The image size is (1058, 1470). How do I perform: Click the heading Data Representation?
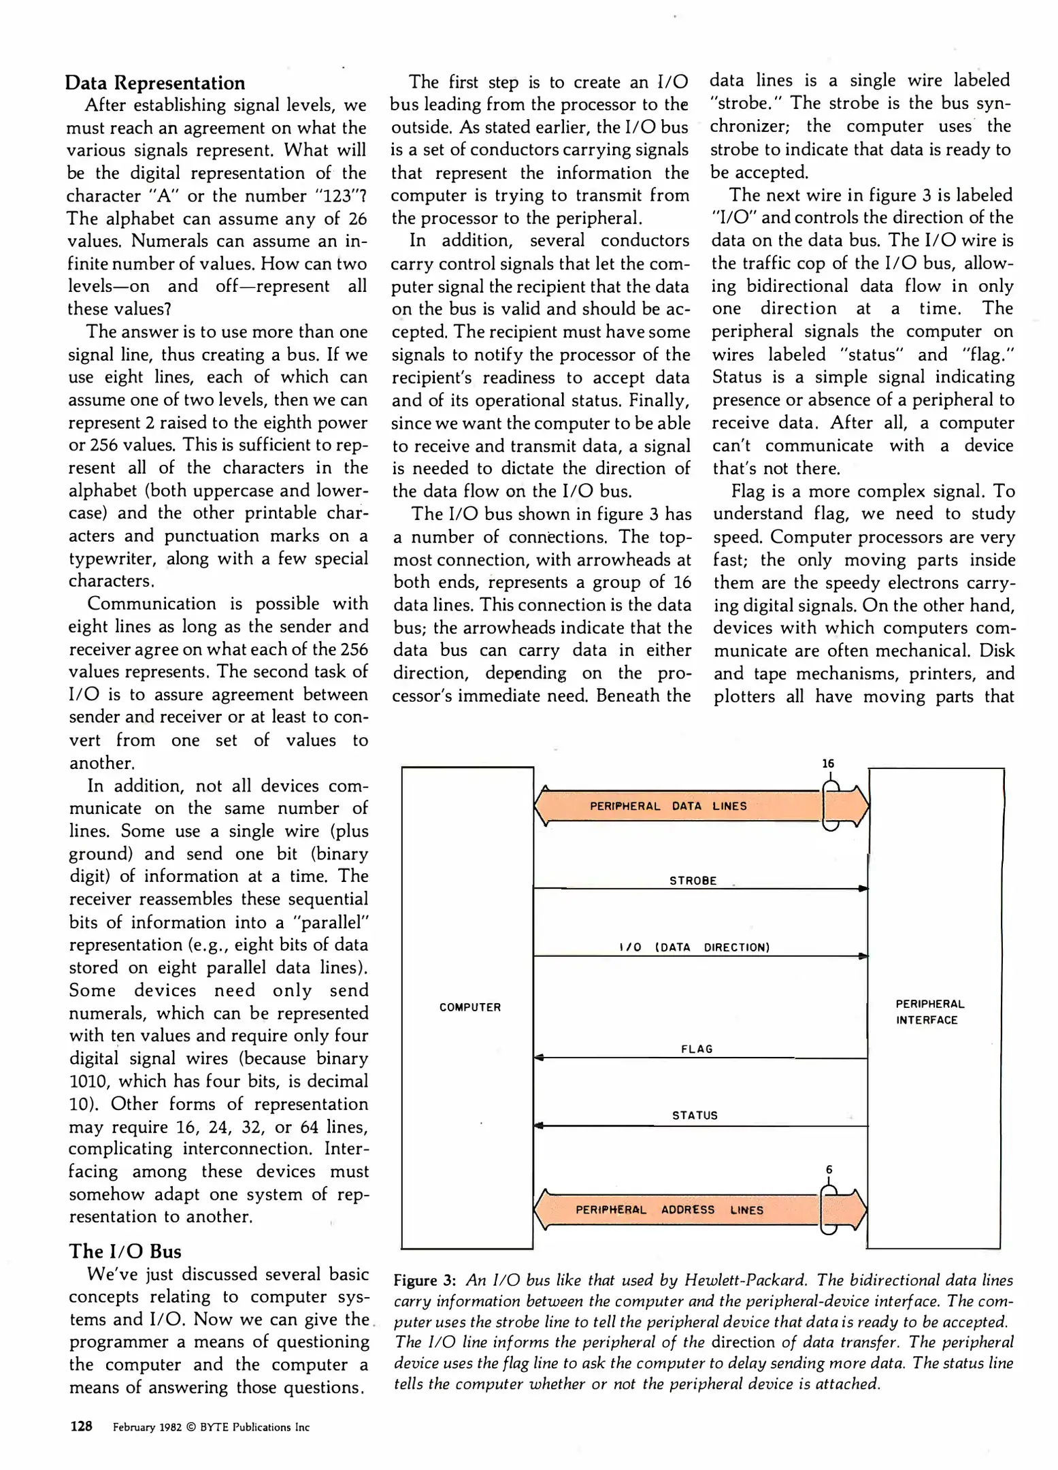pyautogui.click(x=155, y=83)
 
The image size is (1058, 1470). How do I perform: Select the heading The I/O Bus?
pyautogui.click(x=125, y=1252)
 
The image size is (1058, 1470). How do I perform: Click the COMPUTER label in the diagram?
pyautogui.click(x=469, y=1007)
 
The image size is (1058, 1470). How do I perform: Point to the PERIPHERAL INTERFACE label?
pyautogui.click(x=929, y=1012)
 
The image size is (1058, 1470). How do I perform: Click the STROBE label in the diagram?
pyautogui.click(x=693, y=881)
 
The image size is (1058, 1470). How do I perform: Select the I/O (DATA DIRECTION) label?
pyautogui.click(x=694, y=947)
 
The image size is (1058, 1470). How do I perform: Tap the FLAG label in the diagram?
pyautogui.click(x=697, y=1049)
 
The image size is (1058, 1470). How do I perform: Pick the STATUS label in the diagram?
pyautogui.click(x=695, y=1115)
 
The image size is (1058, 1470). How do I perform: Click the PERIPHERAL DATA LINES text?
pyautogui.click(x=667, y=806)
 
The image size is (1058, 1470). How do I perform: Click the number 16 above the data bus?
pyautogui.click(x=828, y=764)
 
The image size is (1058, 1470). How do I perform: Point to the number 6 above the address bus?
pyautogui.click(x=829, y=1170)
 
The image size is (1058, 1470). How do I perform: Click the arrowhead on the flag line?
pyautogui.click(x=539, y=1058)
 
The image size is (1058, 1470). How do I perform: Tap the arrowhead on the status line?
pyautogui.click(x=539, y=1126)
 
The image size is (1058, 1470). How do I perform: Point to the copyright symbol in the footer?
pyautogui.click(x=191, y=1427)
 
